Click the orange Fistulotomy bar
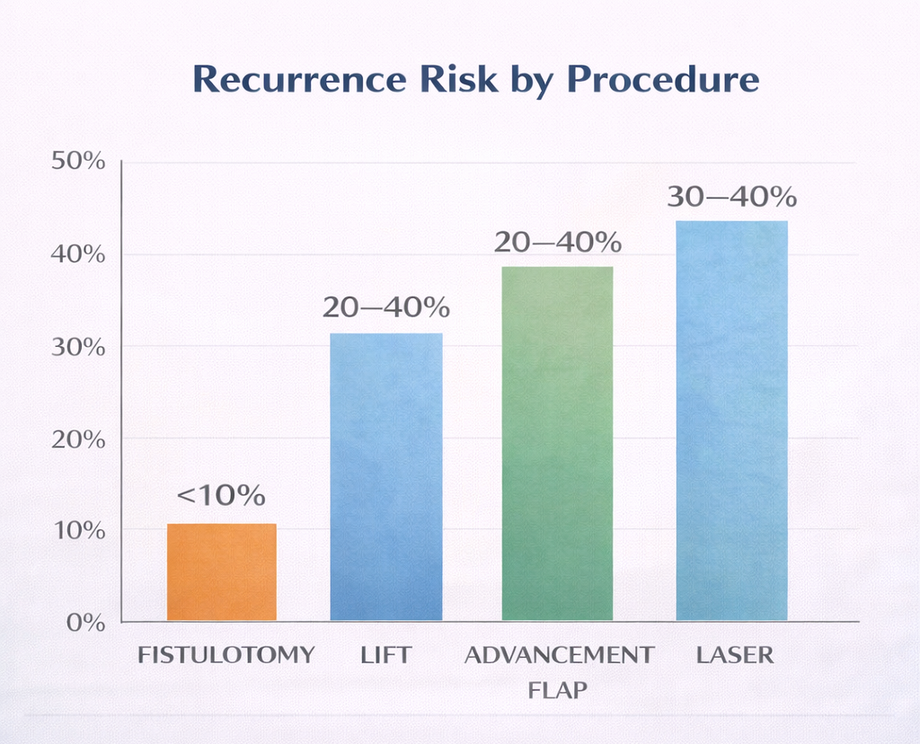point(222,571)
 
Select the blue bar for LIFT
point(386,476)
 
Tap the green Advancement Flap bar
point(557,443)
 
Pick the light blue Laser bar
point(731,420)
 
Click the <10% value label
point(221,495)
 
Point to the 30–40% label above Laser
point(731,197)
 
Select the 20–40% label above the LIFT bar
point(386,308)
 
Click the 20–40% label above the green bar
point(558,243)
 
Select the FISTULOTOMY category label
point(226,655)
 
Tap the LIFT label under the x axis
point(385,655)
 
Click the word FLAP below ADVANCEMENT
point(558,691)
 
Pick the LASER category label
point(735,655)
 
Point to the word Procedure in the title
point(662,80)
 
